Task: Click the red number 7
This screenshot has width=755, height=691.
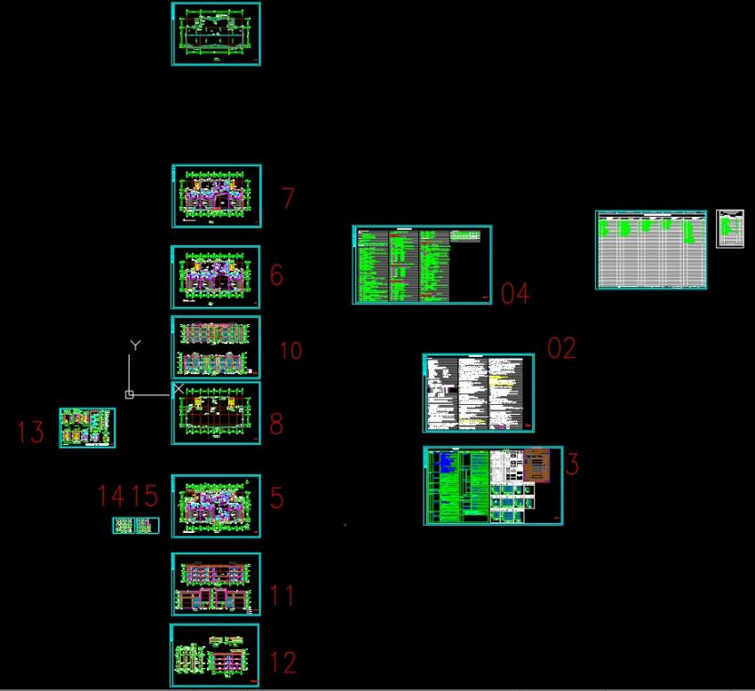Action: coord(287,198)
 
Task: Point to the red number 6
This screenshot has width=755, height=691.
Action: coord(276,274)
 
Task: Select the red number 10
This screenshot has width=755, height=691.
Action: coord(290,351)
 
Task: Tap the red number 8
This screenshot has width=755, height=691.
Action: coord(276,424)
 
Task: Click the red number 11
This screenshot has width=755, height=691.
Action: coord(282,594)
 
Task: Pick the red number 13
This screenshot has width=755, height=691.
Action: coord(30,433)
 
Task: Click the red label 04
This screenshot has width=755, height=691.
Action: coord(515,294)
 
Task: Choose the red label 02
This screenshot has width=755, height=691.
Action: coord(561,348)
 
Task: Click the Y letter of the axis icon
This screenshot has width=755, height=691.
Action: coord(135,344)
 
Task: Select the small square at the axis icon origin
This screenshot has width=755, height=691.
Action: coord(130,394)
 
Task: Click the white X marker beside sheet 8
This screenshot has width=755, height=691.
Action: coord(179,388)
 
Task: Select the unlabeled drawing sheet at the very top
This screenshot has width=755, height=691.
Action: coord(216,34)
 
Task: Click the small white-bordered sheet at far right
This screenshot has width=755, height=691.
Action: coord(730,228)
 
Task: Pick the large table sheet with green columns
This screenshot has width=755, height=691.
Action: coord(651,250)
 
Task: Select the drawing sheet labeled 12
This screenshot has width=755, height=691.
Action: coord(215,655)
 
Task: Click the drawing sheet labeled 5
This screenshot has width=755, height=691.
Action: coord(216,506)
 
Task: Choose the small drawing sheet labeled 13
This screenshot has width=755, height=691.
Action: coord(87,427)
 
